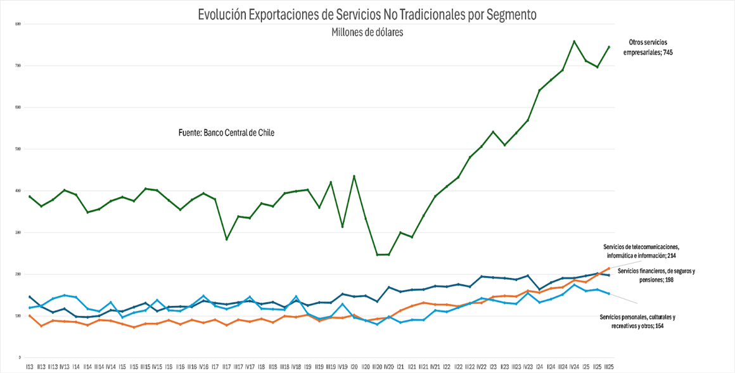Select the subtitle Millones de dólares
coord(367,32)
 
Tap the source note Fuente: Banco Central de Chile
coord(227,132)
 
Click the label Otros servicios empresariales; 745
coord(647,47)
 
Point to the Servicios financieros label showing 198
coord(656,275)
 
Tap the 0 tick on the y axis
coord(20,358)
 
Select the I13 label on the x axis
coord(30,367)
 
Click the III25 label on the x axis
coord(609,367)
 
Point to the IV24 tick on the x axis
coord(574,367)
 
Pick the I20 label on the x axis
coord(354,367)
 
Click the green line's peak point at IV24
coord(574,41)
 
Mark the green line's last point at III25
coord(609,47)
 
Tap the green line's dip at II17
coord(226,239)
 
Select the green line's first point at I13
coord(30,196)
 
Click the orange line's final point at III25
coord(609,269)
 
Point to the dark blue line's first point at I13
coord(30,296)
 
